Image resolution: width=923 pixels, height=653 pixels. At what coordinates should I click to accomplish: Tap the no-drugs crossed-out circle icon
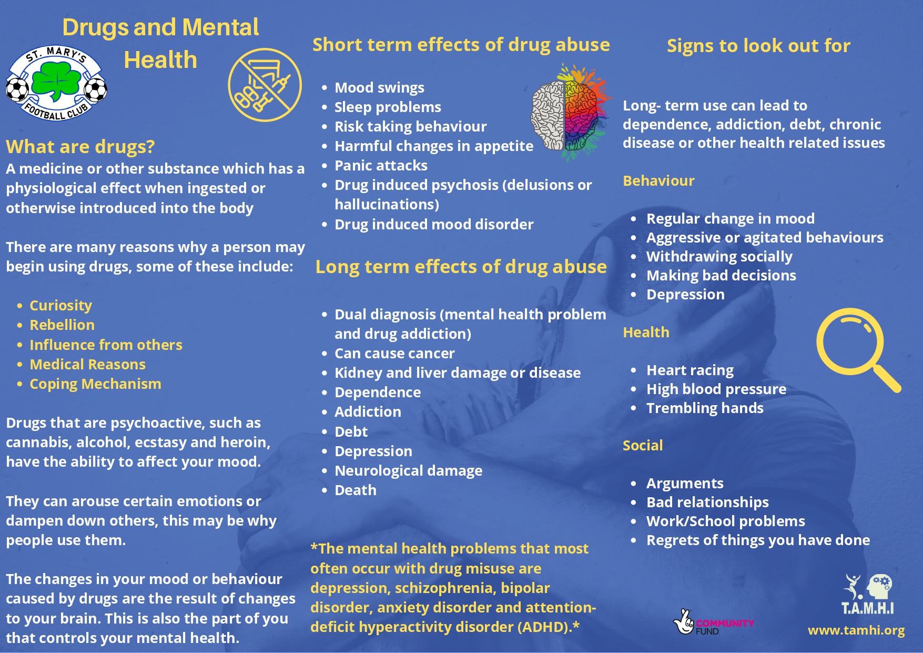pos(265,85)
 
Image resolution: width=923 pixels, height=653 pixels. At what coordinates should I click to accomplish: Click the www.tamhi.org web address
pos(856,630)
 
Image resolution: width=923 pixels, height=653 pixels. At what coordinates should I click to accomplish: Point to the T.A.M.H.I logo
pos(868,594)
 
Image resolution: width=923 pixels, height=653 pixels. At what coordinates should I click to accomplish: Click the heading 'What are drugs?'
pos(80,146)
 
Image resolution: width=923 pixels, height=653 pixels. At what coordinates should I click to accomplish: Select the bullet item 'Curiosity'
pos(60,305)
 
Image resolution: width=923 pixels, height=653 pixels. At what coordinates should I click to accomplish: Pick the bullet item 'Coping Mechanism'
pos(95,384)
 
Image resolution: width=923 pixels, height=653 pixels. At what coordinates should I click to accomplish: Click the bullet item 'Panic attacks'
pos(381,165)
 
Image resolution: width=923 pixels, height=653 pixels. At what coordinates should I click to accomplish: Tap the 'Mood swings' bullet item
pos(379,87)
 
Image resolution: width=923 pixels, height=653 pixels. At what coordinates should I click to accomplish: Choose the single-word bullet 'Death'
pos(356,490)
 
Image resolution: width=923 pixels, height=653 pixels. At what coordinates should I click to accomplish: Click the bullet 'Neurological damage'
pos(408,470)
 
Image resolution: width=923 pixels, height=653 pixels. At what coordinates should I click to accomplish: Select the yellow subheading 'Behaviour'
pos(658,180)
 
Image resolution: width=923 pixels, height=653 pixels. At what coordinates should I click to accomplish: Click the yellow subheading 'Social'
pos(643,445)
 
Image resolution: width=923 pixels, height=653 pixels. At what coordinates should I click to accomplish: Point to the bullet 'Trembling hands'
pos(705,408)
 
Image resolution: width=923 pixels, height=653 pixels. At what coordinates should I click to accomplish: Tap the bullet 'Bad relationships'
pos(707,502)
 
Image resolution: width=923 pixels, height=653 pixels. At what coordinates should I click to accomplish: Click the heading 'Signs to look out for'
pos(758,46)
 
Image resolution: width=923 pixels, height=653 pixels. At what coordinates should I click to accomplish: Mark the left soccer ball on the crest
pos(17,89)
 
